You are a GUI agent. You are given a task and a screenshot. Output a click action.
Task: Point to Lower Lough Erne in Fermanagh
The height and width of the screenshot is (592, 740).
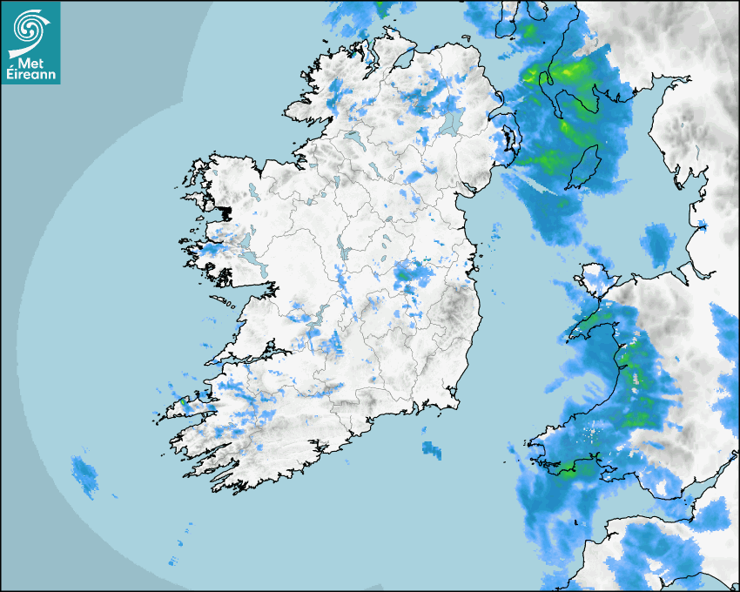(x=353, y=137)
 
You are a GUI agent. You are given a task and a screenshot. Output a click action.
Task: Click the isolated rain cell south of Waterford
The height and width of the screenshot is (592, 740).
(x=432, y=449)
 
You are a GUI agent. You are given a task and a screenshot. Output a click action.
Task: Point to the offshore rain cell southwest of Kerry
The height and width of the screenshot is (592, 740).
(x=84, y=474)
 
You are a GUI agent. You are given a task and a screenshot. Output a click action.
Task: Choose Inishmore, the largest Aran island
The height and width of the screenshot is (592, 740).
(x=223, y=300)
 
